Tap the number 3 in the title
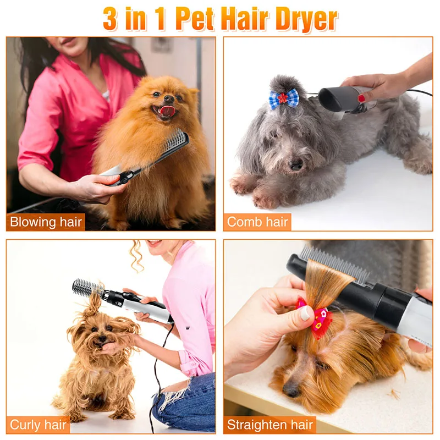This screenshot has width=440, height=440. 110,19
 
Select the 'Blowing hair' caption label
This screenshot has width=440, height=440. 46,222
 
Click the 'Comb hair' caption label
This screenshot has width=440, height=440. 257,222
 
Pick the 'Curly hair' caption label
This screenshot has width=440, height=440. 38,425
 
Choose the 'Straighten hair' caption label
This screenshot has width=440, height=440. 269,425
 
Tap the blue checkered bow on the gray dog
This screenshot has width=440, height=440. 284,98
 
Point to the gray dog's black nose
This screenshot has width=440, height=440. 296,164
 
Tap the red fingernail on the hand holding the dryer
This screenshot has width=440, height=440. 361,98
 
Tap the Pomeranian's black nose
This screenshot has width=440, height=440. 169,98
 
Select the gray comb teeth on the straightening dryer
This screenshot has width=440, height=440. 334,265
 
